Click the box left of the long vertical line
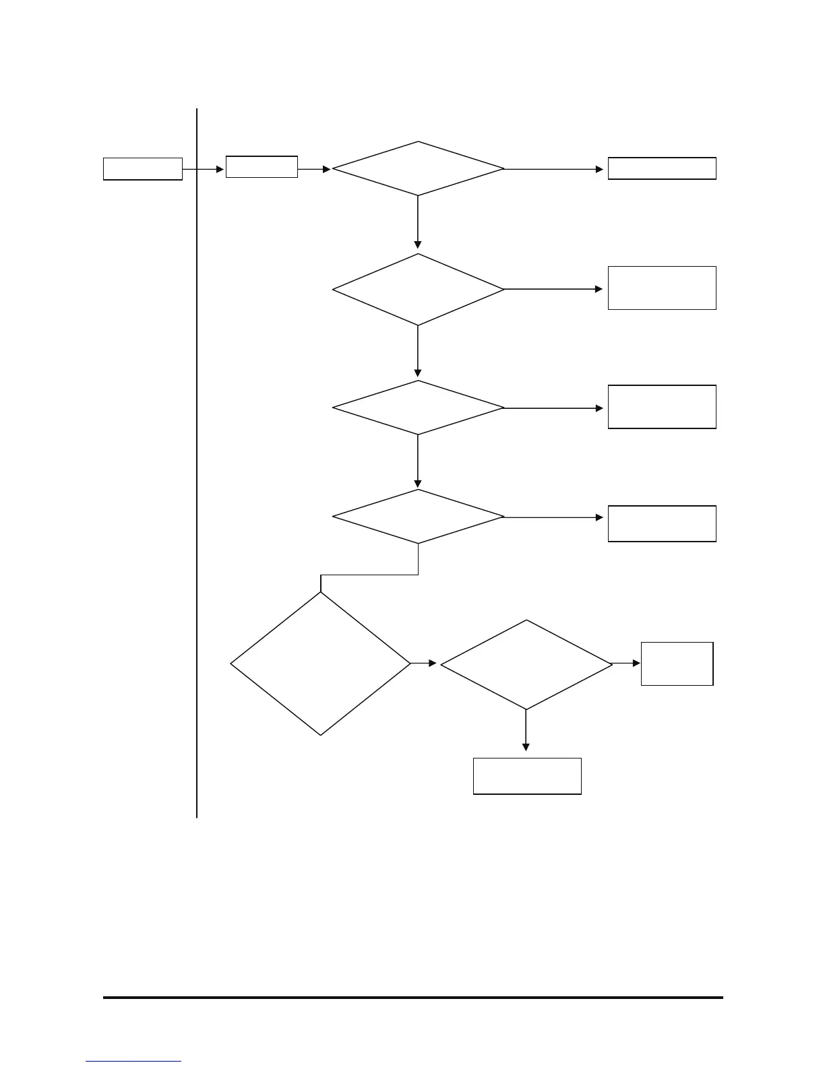[142, 169]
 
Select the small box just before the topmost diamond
[262, 167]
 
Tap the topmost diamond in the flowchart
[418, 168]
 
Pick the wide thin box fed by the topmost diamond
[662, 168]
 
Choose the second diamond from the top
[418, 290]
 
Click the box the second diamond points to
[662, 288]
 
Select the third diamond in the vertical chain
[418, 408]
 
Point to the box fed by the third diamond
[662, 407]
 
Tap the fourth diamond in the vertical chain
[418, 517]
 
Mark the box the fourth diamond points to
[662, 523]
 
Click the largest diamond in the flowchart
[321, 664]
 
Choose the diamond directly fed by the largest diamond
[526, 664]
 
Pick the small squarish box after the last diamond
[677, 664]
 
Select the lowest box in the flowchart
[527, 776]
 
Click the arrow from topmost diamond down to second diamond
[418, 222]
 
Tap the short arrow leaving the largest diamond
[423, 664]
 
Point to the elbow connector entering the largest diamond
[369, 575]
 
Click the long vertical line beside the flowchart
[197, 472]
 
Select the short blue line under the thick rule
[133, 1062]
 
